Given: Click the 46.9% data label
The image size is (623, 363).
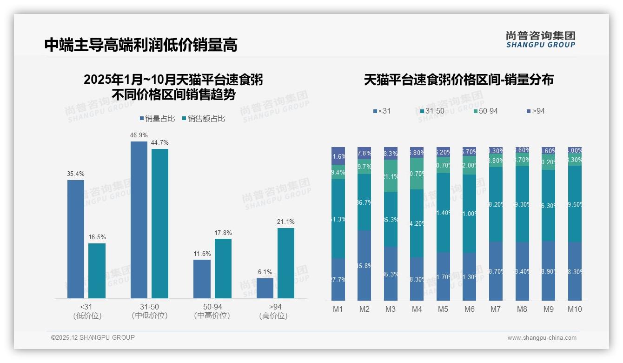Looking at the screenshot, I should coord(139,135).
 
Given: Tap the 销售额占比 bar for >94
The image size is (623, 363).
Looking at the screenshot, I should coord(286,263).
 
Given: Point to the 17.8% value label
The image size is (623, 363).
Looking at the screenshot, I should coord(223,233).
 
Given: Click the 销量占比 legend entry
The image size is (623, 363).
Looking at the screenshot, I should coord(157,119).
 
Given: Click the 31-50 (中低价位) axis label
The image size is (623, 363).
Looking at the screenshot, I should coord(149,311).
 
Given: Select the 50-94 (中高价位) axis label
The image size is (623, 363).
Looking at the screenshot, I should coord(212,311).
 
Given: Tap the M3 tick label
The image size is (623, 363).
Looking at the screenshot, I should coord(391,309).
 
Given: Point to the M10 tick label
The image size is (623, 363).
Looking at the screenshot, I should coord(575,309).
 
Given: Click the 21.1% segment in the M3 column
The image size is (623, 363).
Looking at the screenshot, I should coord(391,176).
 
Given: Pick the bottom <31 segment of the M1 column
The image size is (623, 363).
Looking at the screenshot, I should coord(338,279).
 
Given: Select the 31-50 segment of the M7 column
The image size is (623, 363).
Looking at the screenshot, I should coord(496,204).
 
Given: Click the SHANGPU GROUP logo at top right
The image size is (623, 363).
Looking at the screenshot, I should coord(541,40).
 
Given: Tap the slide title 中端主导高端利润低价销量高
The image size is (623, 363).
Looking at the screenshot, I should coord(141,45).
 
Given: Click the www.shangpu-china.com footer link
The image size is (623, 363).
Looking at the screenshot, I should coord(542,338).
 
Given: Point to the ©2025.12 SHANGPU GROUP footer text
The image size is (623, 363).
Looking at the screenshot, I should coord(93,337).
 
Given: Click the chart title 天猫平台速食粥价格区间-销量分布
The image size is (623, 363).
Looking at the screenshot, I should coord(458,80).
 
